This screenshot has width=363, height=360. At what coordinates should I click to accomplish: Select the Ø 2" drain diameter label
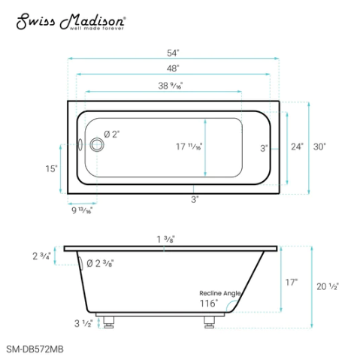112,134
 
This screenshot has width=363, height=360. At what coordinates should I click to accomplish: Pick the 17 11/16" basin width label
189,147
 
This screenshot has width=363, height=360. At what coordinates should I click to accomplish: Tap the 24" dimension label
297,147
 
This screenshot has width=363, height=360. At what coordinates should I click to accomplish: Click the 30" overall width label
321,147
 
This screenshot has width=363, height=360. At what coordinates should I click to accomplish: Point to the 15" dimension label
51,169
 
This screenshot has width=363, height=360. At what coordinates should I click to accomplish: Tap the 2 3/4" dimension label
41,256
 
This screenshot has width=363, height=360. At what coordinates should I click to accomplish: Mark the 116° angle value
208,304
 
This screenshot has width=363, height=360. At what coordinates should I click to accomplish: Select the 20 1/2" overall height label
328,286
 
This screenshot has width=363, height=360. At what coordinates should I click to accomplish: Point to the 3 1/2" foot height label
83,325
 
